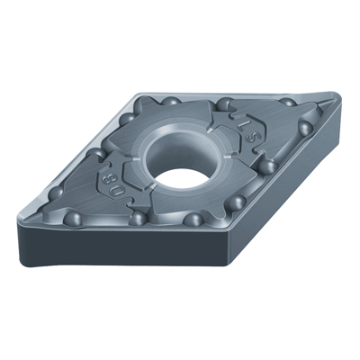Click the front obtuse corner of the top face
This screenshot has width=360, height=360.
[222, 237]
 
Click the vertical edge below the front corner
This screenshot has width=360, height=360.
[224, 270]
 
